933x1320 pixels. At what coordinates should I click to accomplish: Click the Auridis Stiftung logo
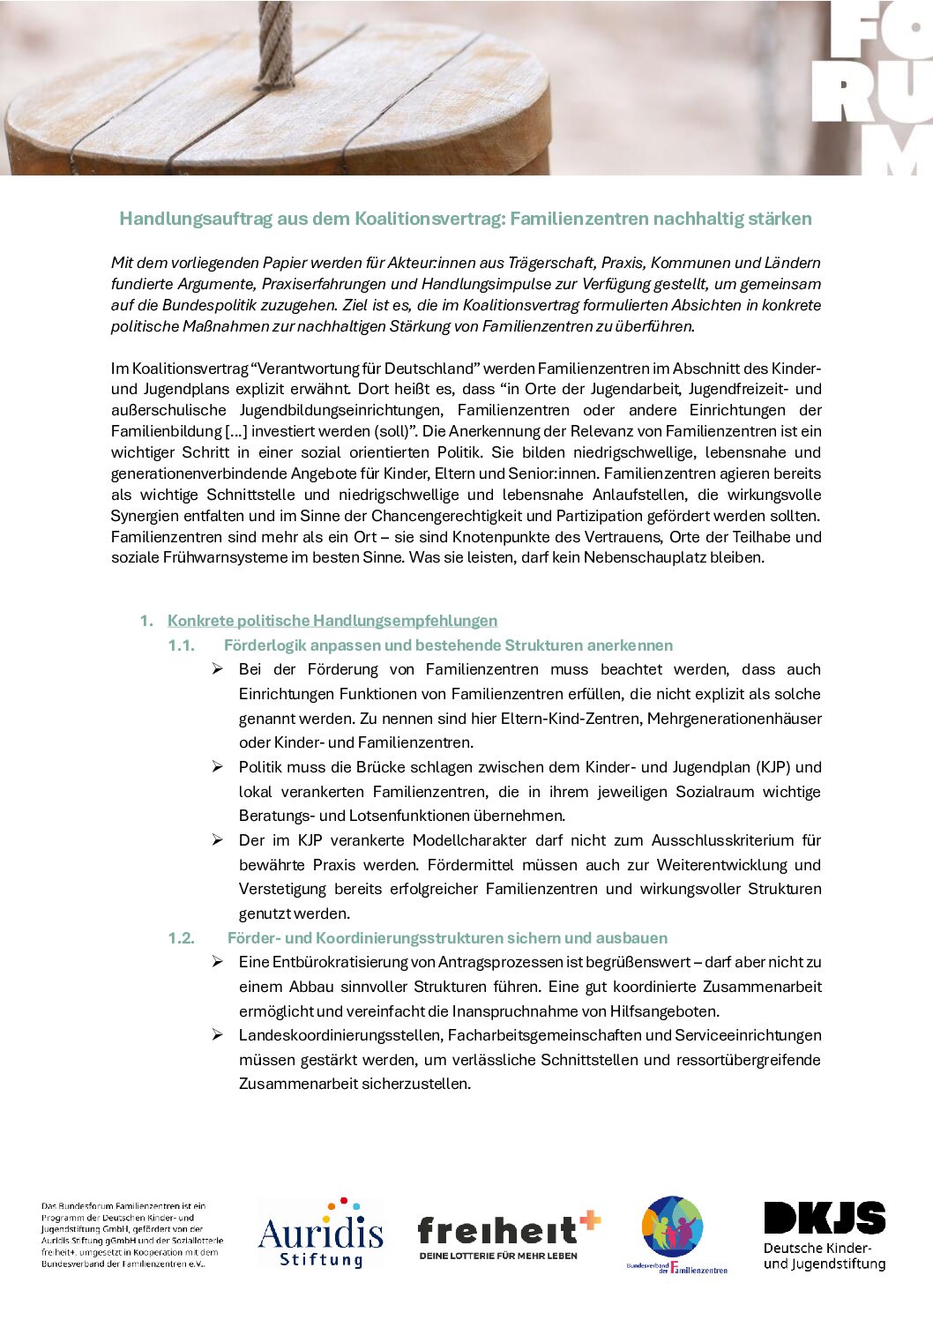click(320, 1234)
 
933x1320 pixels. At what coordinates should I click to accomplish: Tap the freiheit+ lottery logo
click(508, 1234)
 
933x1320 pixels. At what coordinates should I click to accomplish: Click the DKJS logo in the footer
click(825, 1234)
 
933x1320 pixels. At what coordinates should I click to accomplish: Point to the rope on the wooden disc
click(276, 44)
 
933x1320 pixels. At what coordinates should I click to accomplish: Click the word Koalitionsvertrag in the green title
click(429, 219)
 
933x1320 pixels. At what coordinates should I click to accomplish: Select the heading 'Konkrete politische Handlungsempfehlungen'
click(332, 621)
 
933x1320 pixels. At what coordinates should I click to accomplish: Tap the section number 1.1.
click(182, 645)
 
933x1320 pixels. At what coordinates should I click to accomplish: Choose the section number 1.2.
click(182, 938)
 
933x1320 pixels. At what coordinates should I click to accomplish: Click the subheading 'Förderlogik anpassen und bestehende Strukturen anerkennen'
click(448, 645)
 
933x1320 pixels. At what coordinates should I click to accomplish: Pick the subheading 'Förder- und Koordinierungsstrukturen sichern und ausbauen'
click(447, 938)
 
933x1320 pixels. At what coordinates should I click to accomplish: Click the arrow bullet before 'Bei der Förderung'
click(217, 669)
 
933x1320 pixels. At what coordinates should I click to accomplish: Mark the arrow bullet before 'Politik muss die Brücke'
click(217, 767)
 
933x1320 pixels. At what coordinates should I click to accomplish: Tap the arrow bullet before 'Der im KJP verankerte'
click(217, 840)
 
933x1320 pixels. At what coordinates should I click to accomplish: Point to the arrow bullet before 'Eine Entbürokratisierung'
click(217, 962)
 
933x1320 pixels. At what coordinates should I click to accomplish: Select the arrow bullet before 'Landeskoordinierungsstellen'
click(217, 1035)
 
